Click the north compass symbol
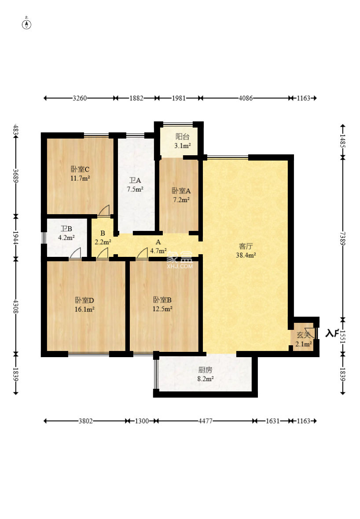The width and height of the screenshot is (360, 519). click(26, 24)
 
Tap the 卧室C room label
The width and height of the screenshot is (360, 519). click(80, 169)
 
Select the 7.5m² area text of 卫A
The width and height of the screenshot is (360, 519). click(135, 189)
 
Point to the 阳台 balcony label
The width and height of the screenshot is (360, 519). click(182, 136)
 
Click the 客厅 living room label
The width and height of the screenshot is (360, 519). click(246, 246)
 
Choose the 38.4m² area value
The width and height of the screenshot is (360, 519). click(246, 255)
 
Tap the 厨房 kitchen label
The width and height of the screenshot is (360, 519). click(206, 370)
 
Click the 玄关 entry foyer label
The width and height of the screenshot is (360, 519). click(303, 335)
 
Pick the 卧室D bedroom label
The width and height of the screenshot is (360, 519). click(84, 300)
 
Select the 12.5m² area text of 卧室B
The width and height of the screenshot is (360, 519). click(162, 309)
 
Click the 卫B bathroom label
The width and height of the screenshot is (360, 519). click(66, 228)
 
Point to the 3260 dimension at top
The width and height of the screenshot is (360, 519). click(80, 98)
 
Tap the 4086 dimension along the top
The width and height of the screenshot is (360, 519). click(246, 98)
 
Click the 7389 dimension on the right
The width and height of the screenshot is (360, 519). click(342, 239)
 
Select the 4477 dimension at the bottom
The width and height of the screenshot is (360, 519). click(206, 421)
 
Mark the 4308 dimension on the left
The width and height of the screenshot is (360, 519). click(15, 307)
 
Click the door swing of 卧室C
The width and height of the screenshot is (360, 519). click(104, 211)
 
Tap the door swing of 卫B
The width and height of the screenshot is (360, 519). click(75, 253)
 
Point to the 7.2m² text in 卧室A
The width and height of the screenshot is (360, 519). click(181, 200)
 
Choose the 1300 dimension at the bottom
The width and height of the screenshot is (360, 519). click(142, 421)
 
